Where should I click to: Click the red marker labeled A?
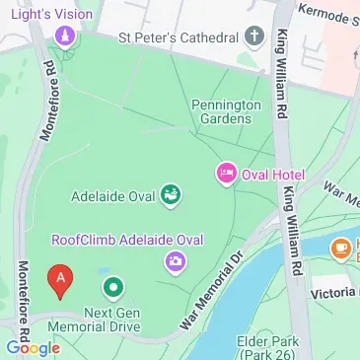[x=60, y=281]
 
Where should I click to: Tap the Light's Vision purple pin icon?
[x=64, y=37]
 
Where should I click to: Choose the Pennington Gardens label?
[x=226, y=110]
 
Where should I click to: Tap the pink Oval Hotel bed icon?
[x=225, y=175]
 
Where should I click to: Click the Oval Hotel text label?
[x=274, y=176]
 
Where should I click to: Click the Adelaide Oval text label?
[x=115, y=195]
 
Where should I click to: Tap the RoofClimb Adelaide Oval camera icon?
[x=176, y=261]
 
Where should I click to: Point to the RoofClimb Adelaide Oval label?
[x=126, y=240]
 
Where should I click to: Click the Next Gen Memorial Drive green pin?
[x=113, y=288]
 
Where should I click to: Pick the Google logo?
[x=32, y=347]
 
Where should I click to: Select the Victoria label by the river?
[x=331, y=293]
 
